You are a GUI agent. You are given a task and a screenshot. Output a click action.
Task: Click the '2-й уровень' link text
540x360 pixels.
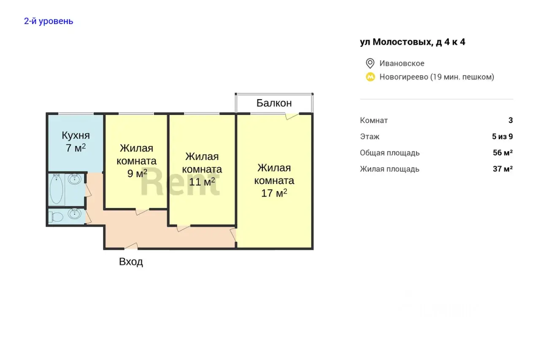tap(49, 21)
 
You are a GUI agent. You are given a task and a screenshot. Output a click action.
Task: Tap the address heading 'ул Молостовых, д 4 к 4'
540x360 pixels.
tap(413, 42)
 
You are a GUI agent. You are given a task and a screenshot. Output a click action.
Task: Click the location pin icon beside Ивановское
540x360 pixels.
tap(370, 63)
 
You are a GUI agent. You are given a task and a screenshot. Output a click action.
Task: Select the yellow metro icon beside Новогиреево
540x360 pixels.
tap(370, 77)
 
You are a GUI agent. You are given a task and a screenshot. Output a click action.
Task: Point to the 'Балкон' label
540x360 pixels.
tap(274, 103)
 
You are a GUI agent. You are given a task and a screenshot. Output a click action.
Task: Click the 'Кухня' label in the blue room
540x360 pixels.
tap(76, 135)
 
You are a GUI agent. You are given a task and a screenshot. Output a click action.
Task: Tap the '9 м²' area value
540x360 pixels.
tap(137, 173)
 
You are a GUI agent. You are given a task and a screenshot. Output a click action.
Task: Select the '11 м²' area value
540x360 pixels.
tap(202, 181)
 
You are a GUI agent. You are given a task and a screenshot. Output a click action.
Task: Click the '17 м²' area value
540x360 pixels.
tap(274, 193)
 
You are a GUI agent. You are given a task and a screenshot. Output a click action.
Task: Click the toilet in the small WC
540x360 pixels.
tap(56, 217)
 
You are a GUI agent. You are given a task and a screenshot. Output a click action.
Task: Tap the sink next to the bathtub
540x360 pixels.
tap(75, 179)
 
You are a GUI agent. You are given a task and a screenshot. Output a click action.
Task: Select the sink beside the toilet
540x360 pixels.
tap(74, 214)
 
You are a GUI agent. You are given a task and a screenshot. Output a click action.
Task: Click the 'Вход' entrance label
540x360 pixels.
tap(131, 262)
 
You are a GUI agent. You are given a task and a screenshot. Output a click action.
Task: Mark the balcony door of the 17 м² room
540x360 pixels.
tap(292, 116)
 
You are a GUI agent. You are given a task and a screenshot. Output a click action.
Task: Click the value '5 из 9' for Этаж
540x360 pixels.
tap(502, 137)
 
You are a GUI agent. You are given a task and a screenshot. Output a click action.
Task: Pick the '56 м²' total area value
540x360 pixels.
tap(502, 153)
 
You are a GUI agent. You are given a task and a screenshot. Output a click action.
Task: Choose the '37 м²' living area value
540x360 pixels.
tap(502, 169)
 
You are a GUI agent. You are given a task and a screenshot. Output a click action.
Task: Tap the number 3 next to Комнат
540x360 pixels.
tap(510, 120)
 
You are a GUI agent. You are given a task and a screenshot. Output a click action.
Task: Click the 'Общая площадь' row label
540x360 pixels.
tap(389, 153)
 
